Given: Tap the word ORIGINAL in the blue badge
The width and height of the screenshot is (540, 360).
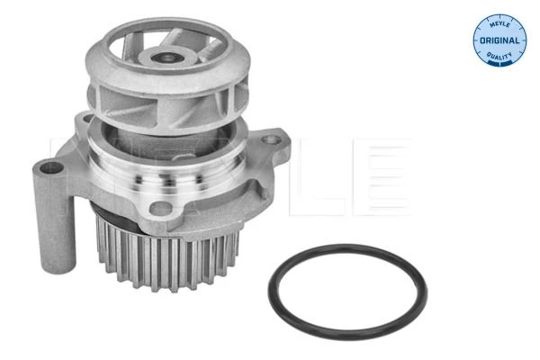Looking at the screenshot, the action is [x=499, y=40].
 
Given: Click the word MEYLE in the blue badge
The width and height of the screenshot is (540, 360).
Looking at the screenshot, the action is [x=499, y=24].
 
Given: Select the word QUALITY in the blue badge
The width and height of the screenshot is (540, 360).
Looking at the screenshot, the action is [x=499, y=56].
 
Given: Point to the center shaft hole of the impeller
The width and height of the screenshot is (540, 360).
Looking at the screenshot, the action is [x=167, y=58].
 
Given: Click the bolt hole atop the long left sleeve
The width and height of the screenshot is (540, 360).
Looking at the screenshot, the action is [x=51, y=167].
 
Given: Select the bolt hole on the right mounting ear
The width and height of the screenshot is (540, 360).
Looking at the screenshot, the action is [x=271, y=139].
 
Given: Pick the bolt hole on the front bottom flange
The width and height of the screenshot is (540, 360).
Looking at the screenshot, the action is [x=160, y=208].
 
